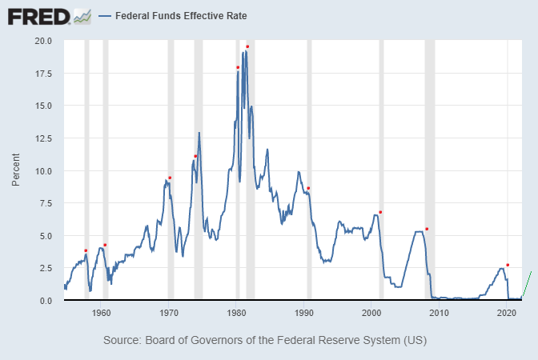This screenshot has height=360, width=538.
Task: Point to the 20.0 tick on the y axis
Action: tap(43, 41)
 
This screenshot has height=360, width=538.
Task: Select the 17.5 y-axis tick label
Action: tap(43, 74)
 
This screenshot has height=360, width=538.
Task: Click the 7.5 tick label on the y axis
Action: tap(46, 203)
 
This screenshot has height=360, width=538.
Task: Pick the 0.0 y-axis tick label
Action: tap(46, 301)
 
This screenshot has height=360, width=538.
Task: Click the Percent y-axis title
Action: tap(16, 171)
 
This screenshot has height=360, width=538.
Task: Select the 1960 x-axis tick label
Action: tap(101, 313)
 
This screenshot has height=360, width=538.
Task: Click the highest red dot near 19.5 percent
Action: tap(247, 46)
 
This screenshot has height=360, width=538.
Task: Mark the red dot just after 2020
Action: tap(508, 265)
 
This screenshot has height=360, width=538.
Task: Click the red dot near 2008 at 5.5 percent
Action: tap(427, 229)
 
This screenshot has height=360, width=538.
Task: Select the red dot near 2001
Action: tap(380, 212)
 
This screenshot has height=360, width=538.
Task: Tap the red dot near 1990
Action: tap(308, 189)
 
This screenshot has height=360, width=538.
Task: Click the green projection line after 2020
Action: tap(527, 284)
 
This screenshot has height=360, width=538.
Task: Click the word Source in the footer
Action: tap(122, 340)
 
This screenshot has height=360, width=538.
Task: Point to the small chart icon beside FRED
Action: tap(82, 15)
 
